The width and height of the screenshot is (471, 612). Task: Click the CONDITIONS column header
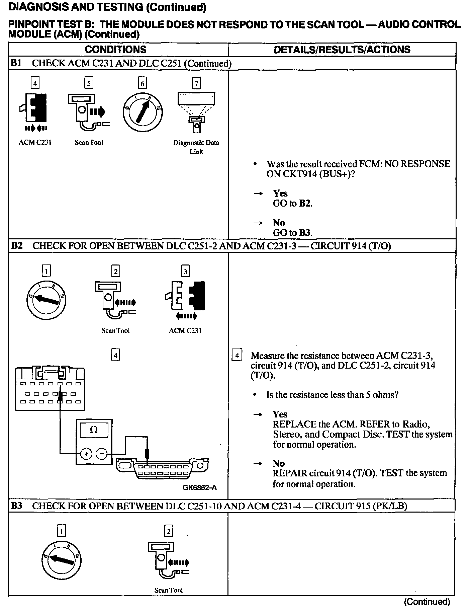point(115,50)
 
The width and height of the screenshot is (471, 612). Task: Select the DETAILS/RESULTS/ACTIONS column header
point(342,50)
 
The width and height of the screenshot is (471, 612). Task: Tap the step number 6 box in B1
point(143,83)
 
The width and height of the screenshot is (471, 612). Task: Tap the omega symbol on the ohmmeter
point(94,430)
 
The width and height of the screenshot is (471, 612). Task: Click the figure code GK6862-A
point(200,487)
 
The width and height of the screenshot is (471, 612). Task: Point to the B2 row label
point(17,246)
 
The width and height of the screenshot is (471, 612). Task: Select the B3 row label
point(16,506)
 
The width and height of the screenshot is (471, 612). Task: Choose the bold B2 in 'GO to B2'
point(305,203)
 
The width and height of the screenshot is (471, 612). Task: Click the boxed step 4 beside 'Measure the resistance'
point(237,355)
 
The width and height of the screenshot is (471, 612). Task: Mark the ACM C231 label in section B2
point(185,331)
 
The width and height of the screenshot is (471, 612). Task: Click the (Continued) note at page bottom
point(427,602)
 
